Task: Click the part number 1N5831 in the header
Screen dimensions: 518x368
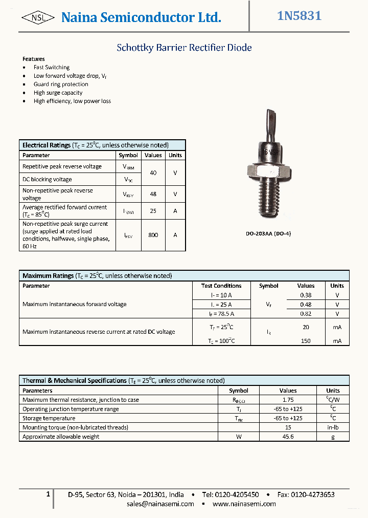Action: [299, 16]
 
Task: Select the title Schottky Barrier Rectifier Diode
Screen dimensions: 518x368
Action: [184, 48]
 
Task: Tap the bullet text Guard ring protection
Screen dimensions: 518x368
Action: [61, 84]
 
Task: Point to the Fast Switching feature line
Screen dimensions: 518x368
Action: [51, 67]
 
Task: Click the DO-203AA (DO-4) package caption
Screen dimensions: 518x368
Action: [268, 234]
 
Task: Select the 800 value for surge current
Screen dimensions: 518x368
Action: [153, 235]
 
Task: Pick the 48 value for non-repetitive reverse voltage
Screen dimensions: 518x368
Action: [153, 194]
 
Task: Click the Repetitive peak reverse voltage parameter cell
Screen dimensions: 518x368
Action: [62, 166]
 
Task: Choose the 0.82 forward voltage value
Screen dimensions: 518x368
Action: [306, 314]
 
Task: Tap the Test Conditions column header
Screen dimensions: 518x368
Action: [221, 286]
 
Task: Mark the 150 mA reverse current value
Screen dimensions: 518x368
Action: [306, 341]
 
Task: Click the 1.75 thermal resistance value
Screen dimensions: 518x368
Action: [288, 400]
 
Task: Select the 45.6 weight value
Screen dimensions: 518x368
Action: [288, 437]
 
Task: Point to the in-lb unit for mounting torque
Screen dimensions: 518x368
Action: [333, 427]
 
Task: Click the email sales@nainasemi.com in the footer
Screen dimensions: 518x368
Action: [160, 504]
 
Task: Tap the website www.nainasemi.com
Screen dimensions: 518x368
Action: [244, 504]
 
